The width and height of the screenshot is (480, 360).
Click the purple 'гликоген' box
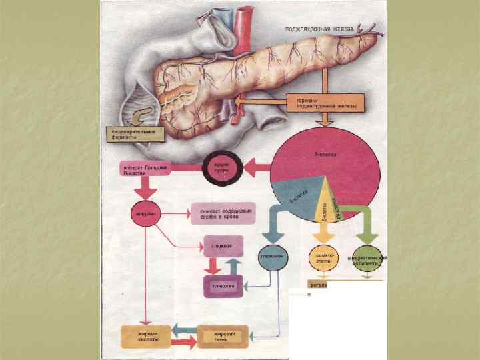(x=222, y=285)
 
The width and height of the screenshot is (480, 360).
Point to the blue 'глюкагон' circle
(x=269, y=257)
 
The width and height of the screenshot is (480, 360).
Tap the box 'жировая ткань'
(x=222, y=335)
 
